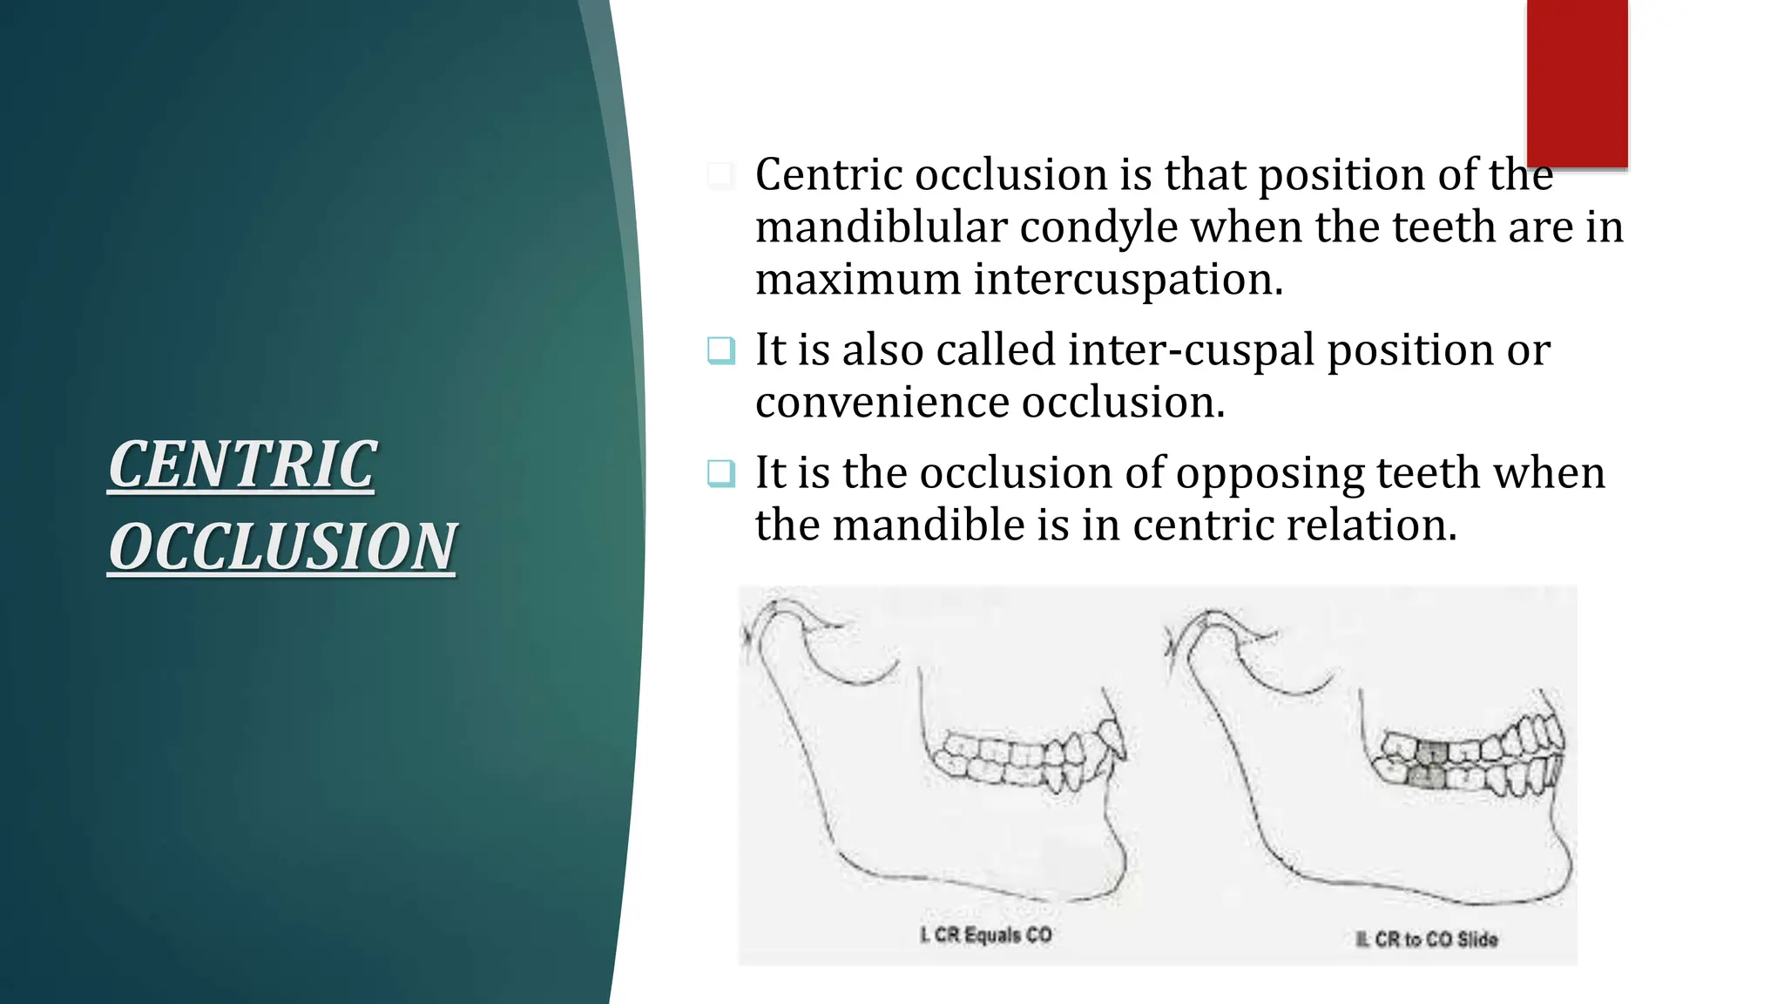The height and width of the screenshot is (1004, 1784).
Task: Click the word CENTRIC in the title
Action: (242, 465)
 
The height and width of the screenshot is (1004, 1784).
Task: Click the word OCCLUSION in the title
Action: (281, 547)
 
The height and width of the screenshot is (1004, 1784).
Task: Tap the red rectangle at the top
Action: (1577, 84)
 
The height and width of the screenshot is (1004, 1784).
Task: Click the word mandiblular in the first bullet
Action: (881, 227)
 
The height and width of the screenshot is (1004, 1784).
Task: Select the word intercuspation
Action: (1128, 280)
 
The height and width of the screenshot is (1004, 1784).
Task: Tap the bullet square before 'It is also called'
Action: (721, 350)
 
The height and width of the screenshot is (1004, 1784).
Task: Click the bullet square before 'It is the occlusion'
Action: (721, 473)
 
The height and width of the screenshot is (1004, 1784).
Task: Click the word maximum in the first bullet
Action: (857, 280)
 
